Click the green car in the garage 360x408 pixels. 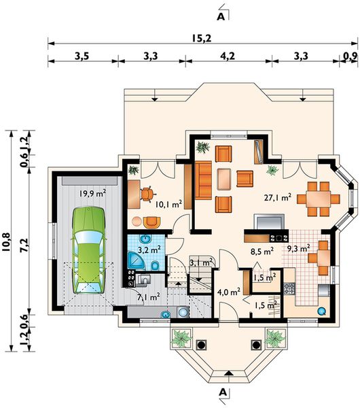89,250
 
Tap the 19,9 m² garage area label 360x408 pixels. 93,193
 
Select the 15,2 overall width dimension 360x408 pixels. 202,39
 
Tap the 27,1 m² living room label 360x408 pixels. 277,198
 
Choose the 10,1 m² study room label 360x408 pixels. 168,204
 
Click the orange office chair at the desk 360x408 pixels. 147,194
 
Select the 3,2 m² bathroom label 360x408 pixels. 149,250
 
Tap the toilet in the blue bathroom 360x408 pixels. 155,266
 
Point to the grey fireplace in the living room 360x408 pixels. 269,222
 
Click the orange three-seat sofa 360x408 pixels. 203,180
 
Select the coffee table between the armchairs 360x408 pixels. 223,179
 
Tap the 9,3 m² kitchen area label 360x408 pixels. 298,249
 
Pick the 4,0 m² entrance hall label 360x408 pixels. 229,292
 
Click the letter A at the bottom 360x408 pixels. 223,392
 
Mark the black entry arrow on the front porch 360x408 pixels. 228,373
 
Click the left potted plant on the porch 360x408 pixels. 181,338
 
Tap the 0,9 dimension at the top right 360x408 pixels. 350,56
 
